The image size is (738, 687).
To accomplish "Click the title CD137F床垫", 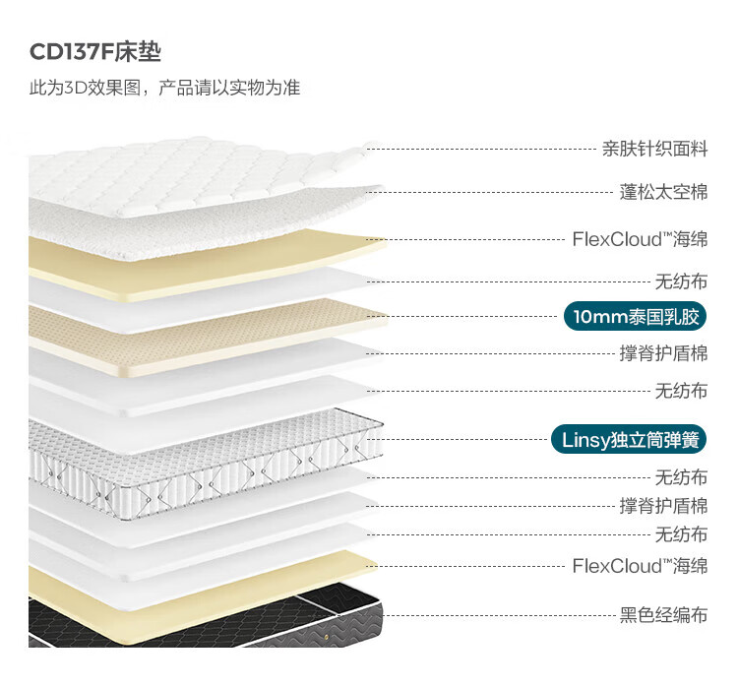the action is click(x=94, y=52).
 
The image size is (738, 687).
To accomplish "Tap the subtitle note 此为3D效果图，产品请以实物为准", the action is click(x=164, y=89).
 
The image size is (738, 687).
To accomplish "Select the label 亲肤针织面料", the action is click(x=654, y=150).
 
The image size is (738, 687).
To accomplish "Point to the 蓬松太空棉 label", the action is click(x=663, y=192).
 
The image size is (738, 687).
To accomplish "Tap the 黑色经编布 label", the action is click(x=663, y=616).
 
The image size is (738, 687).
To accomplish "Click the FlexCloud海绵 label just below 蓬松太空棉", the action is click(x=640, y=239).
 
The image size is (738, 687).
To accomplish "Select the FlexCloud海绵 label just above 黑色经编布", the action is click(x=640, y=565).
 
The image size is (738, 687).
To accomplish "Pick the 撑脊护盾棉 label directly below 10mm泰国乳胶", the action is click(x=663, y=353).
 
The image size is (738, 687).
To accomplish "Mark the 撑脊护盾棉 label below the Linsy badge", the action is click(x=663, y=506).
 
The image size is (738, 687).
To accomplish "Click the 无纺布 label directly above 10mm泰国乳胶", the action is click(x=681, y=281).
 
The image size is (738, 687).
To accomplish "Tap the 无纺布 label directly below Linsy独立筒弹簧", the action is click(x=681, y=477).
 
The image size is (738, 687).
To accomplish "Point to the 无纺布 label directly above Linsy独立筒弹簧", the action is click(x=681, y=391).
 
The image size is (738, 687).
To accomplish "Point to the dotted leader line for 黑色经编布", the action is click(x=492, y=616).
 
